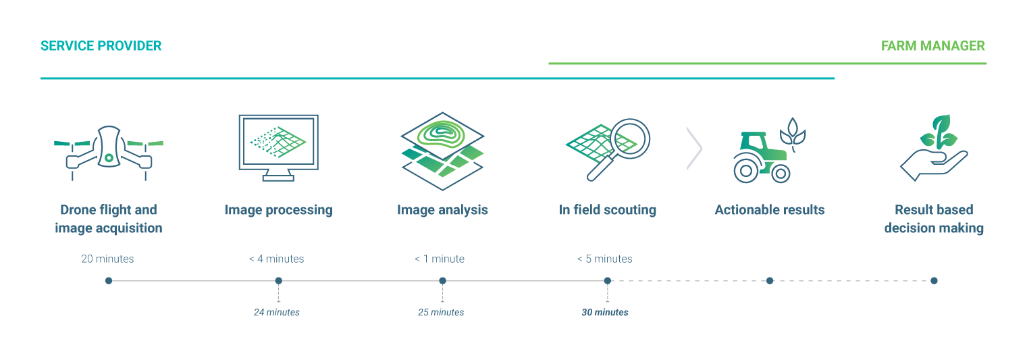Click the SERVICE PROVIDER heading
[x=101, y=46]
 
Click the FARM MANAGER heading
[x=932, y=46]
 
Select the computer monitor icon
[x=278, y=146]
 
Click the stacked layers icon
[x=442, y=150]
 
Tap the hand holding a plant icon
[x=934, y=150]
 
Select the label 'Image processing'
[x=278, y=210]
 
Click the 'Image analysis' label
[x=442, y=210]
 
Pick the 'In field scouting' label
[x=608, y=210]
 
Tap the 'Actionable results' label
[x=769, y=210]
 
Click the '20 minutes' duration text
[x=108, y=259]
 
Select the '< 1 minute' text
[x=440, y=259]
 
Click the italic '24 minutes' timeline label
[x=277, y=312]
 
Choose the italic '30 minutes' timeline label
[x=605, y=312]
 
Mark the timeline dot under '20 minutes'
[x=109, y=280]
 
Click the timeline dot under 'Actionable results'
[x=770, y=280]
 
